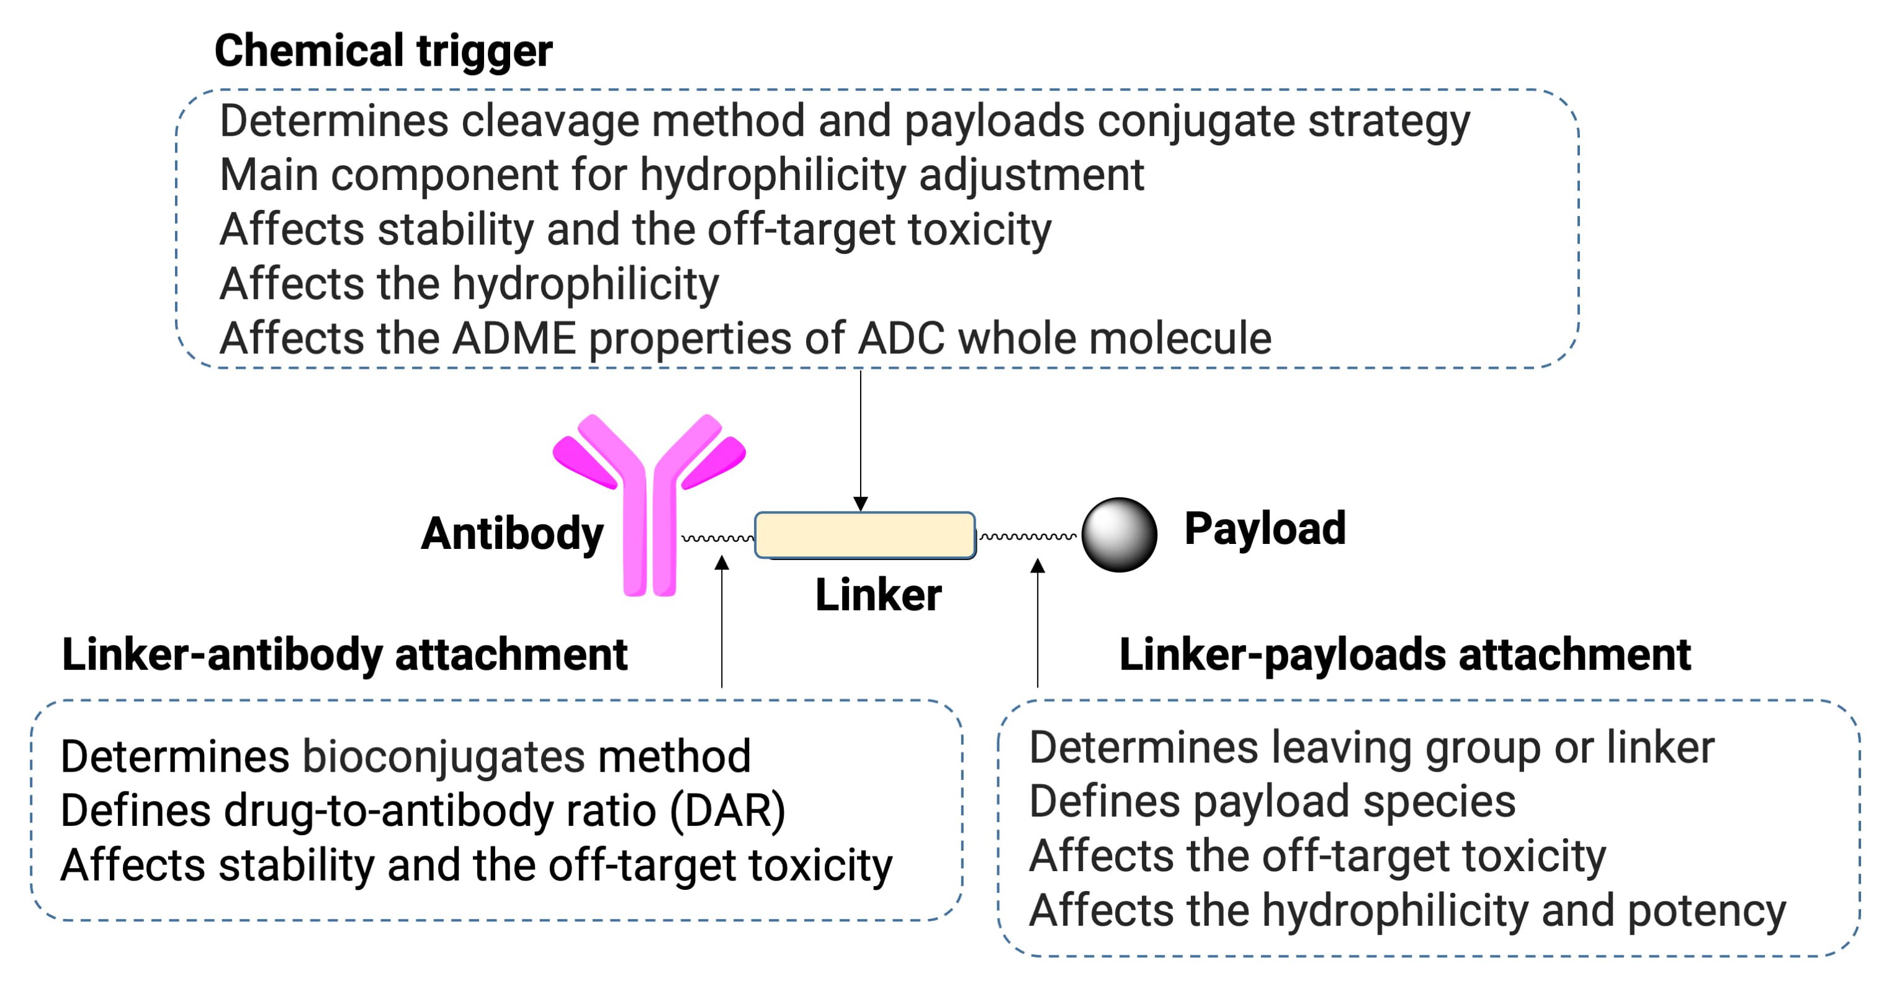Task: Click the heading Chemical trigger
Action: [x=383, y=52]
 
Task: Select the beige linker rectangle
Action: [x=864, y=535]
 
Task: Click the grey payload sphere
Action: [x=1119, y=535]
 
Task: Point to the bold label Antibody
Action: [x=512, y=533]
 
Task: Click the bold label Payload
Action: [x=1265, y=528]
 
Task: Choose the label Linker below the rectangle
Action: [x=877, y=595]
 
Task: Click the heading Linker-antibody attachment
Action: [x=344, y=654]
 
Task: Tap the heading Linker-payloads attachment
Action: [x=1404, y=654]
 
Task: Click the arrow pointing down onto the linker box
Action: [x=861, y=440]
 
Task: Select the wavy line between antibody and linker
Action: [x=717, y=538]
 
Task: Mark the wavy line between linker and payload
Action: [x=1028, y=537]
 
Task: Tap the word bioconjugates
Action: [x=444, y=756]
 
